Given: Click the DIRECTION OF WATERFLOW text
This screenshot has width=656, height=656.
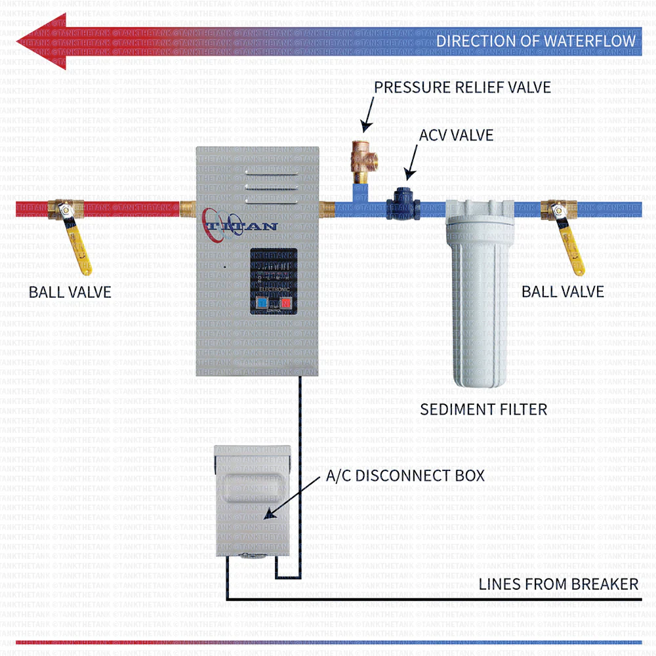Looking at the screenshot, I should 536,41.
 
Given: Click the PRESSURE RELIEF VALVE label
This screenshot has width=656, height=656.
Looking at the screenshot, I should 462,87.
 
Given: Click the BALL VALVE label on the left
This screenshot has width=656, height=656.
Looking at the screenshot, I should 70,292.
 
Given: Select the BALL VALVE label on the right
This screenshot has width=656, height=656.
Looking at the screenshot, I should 563,291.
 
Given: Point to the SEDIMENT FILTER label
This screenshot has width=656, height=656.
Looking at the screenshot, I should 483,409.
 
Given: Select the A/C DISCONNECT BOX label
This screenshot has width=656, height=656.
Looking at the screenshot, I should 405,476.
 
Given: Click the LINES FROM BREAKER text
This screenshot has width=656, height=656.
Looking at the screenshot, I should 558,584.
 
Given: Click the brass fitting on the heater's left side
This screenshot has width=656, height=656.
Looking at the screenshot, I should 188,210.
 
